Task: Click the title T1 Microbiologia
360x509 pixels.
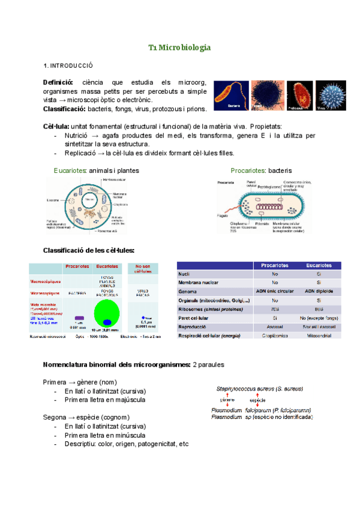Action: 179,47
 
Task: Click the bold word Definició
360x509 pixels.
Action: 58,82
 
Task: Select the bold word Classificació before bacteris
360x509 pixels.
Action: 65,109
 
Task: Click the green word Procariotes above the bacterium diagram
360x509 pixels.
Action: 248,170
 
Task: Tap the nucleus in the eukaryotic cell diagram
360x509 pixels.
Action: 91,199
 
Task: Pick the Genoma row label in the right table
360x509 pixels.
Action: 189,291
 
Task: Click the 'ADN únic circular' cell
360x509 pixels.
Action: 274,291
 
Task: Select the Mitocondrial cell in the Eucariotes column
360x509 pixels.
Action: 319,336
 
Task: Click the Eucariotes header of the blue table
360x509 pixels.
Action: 319,265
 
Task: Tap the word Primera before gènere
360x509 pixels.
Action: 55,382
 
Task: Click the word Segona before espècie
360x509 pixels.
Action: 55,417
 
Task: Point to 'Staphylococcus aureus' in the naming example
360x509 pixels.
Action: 247,389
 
